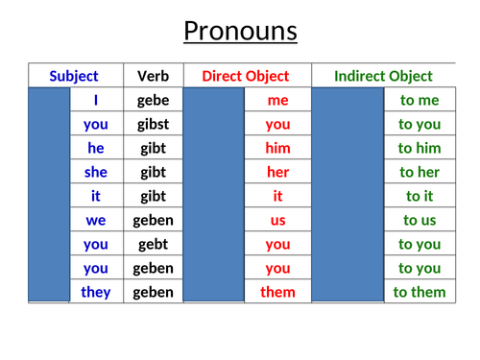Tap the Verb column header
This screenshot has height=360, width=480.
pyautogui.click(x=153, y=76)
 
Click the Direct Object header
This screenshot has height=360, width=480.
pyautogui.click(x=245, y=76)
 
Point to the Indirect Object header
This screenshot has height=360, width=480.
pyautogui.click(x=383, y=76)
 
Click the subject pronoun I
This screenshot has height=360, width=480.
pyautogui.click(x=96, y=100)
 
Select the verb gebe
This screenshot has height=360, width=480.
pyautogui.click(x=154, y=100)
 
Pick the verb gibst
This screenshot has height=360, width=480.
pyautogui.click(x=154, y=124)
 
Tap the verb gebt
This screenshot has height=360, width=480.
pyautogui.click(x=154, y=244)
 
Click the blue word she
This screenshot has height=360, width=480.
pyautogui.click(x=96, y=172)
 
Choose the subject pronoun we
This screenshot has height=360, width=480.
pyautogui.click(x=96, y=220)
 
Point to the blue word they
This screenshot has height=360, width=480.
pyautogui.click(x=96, y=292)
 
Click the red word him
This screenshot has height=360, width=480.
pyautogui.click(x=277, y=148)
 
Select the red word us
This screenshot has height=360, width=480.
pyautogui.click(x=277, y=220)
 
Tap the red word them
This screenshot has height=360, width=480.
pyautogui.click(x=277, y=292)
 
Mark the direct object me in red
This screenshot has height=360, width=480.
pyautogui.click(x=277, y=100)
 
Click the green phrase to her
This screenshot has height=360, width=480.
pyautogui.click(x=420, y=172)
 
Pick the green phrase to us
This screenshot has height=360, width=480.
pyautogui.click(x=420, y=220)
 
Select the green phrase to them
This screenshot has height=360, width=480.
pyautogui.click(x=420, y=292)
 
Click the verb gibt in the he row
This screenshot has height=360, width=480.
pyautogui.click(x=154, y=148)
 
